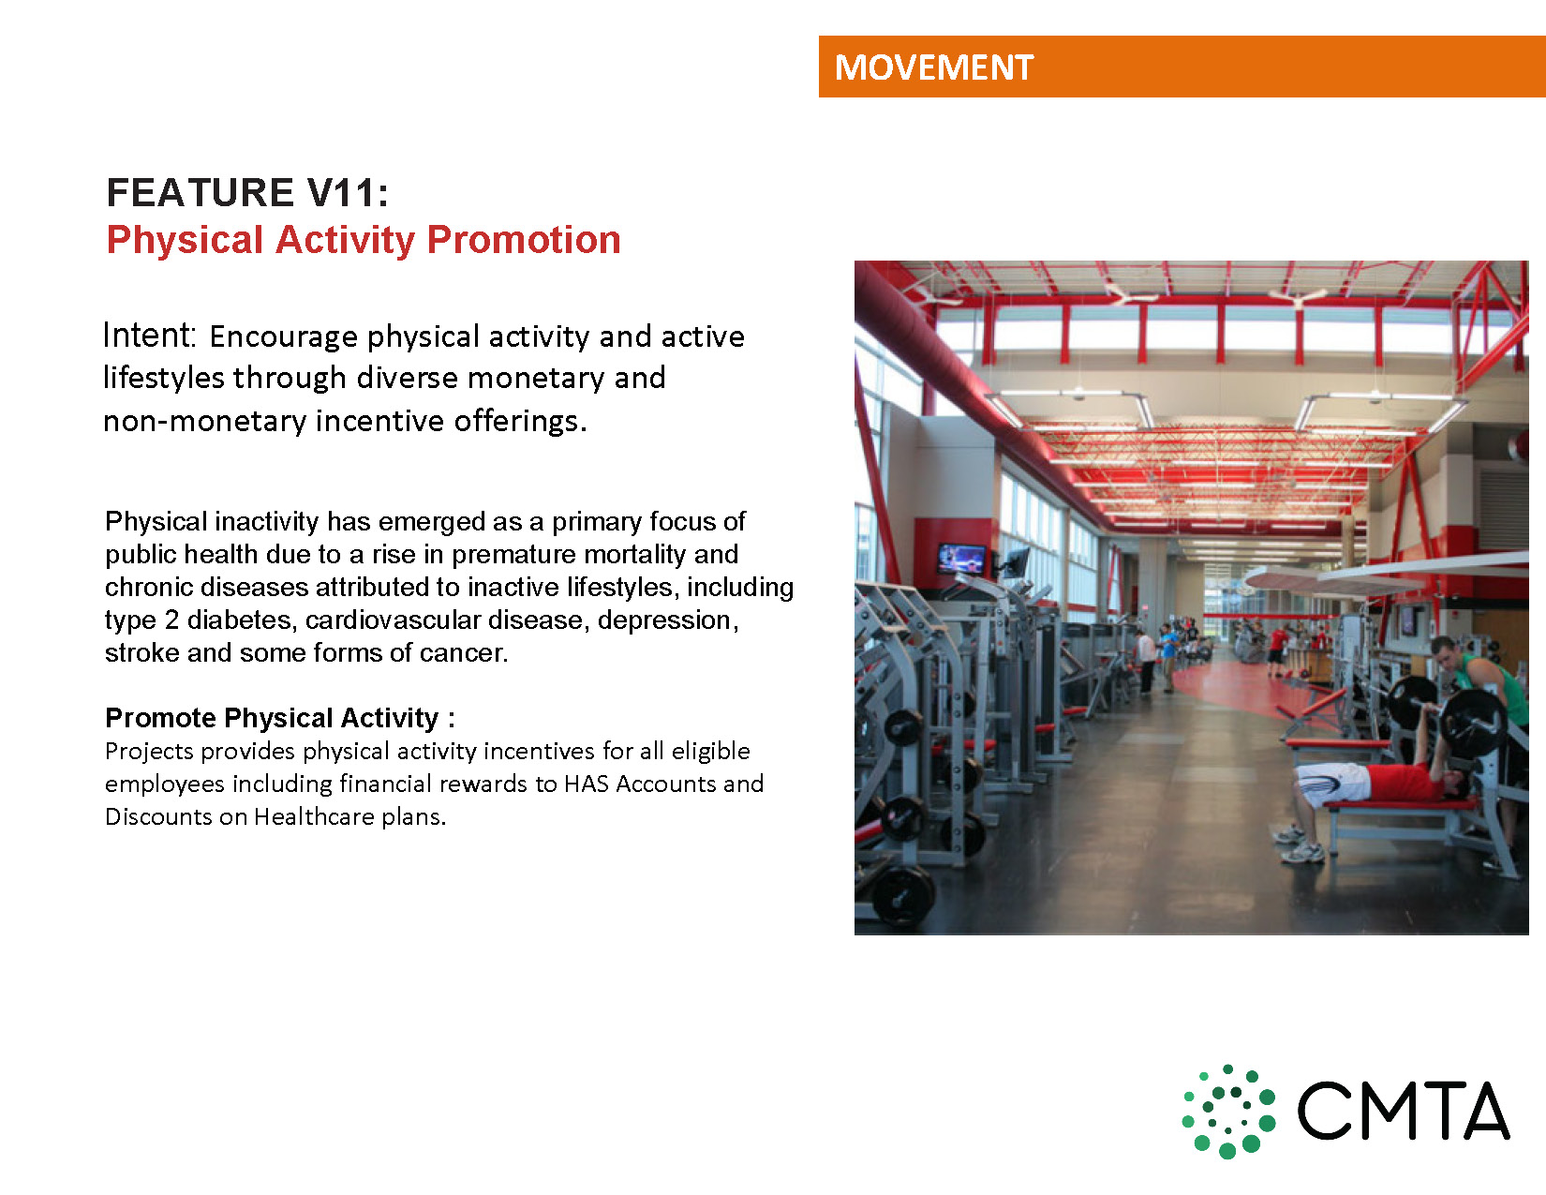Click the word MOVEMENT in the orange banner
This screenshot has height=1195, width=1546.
coord(933,67)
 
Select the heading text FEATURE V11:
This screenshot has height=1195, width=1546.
coord(247,192)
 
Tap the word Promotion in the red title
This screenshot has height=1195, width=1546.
coord(524,239)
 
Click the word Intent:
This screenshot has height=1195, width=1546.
coord(149,336)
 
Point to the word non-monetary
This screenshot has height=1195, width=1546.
coord(205,421)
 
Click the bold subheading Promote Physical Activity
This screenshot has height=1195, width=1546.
coord(273,718)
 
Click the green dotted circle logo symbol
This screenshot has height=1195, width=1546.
coord(1228,1111)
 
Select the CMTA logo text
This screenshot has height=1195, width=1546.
coord(1403,1112)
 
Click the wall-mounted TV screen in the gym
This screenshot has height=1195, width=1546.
coord(961,559)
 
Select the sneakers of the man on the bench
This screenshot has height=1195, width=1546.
coord(1298,844)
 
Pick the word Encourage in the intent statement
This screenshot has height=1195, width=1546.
coord(283,336)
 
